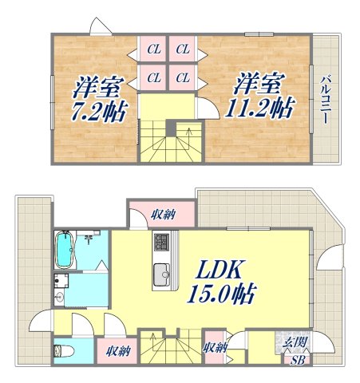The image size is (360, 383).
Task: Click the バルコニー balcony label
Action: click(x=326, y=98)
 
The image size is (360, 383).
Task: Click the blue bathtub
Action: click(x=63, y=251)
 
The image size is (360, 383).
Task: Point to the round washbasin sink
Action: click(x=61, y=296)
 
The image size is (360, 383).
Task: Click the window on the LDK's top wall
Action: click(x=239, y=229)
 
